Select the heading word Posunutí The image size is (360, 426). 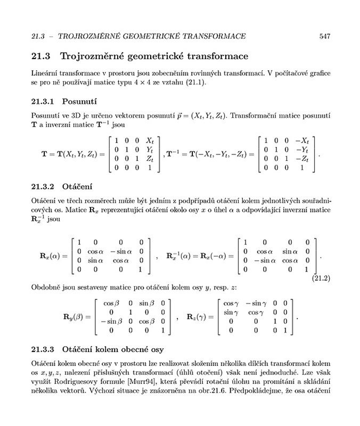(x=79, y=101)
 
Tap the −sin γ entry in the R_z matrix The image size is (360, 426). (x=259, y=302)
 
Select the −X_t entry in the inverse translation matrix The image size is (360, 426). (x=302, y=141)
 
